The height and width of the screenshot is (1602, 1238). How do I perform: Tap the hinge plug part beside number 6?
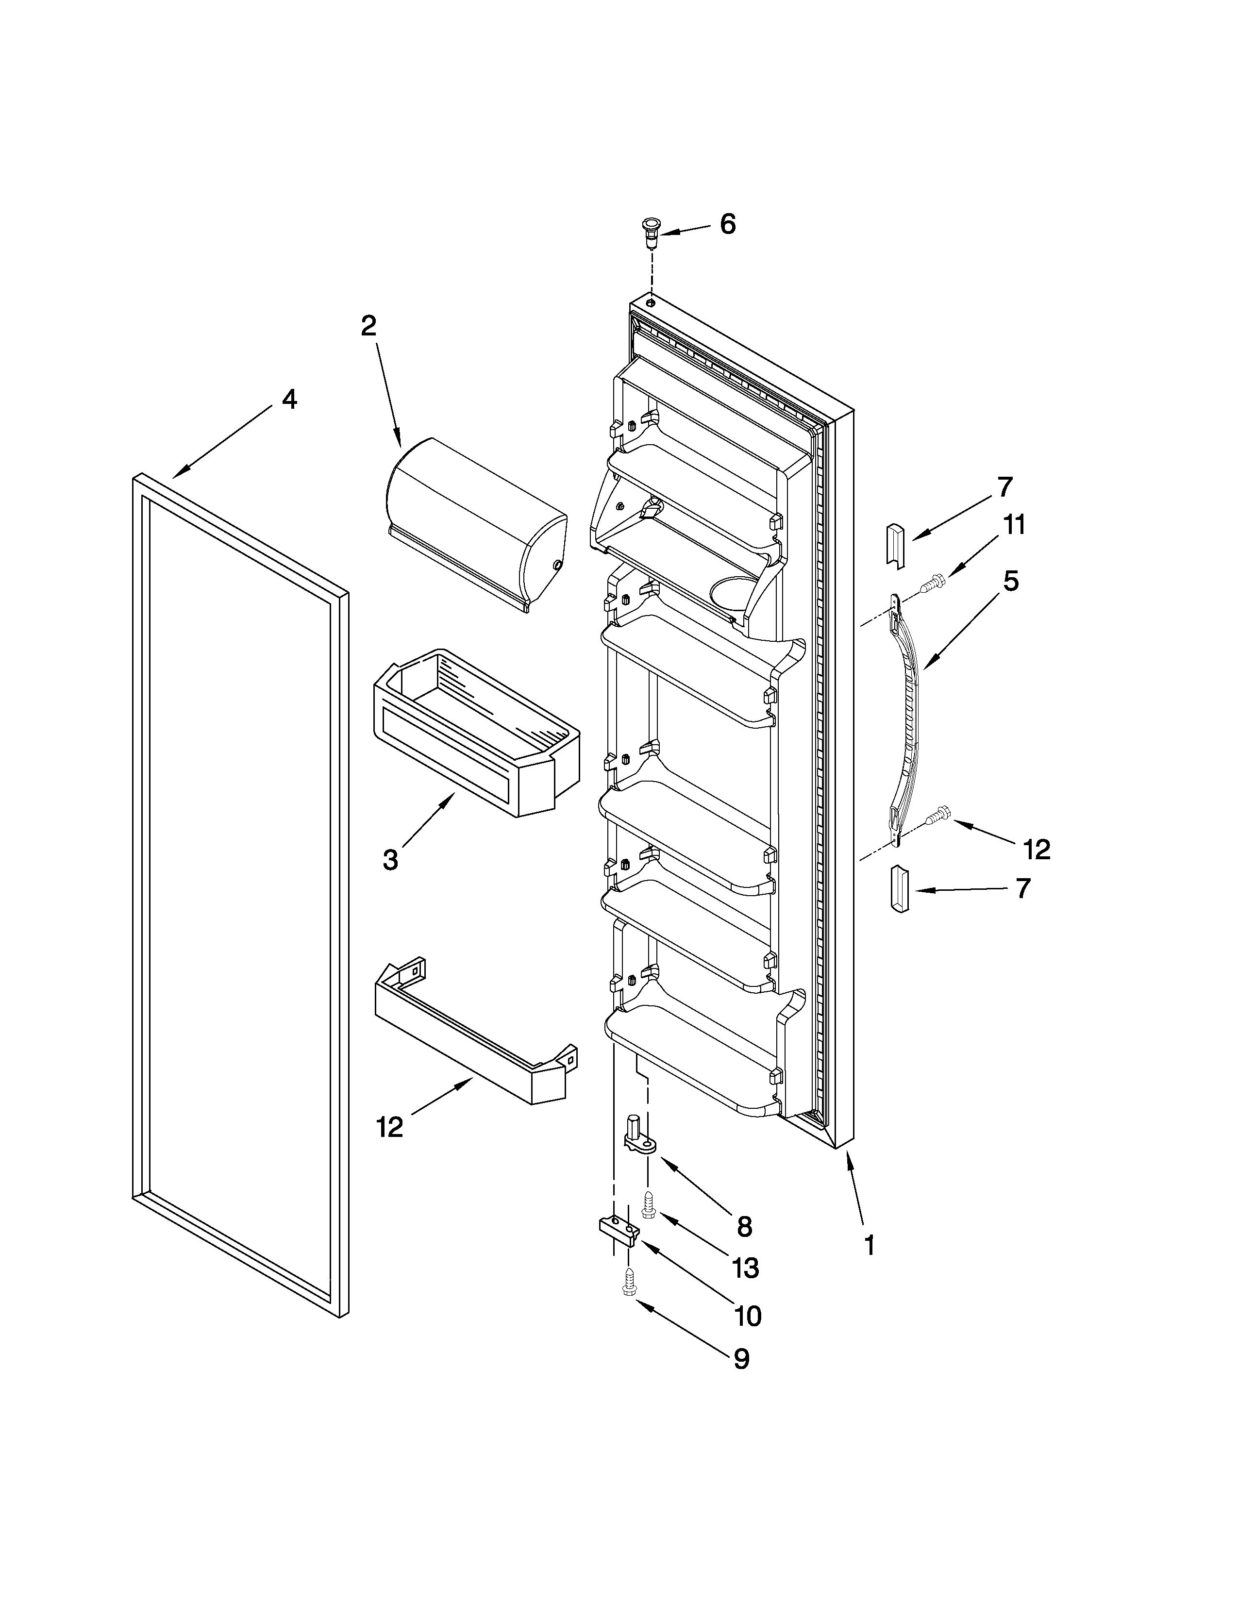click(650, 233)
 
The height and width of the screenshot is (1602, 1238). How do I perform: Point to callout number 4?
click(290, 399)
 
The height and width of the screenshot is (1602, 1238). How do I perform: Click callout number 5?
click(1011, 582)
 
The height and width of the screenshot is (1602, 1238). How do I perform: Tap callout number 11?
click(1014, 525)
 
